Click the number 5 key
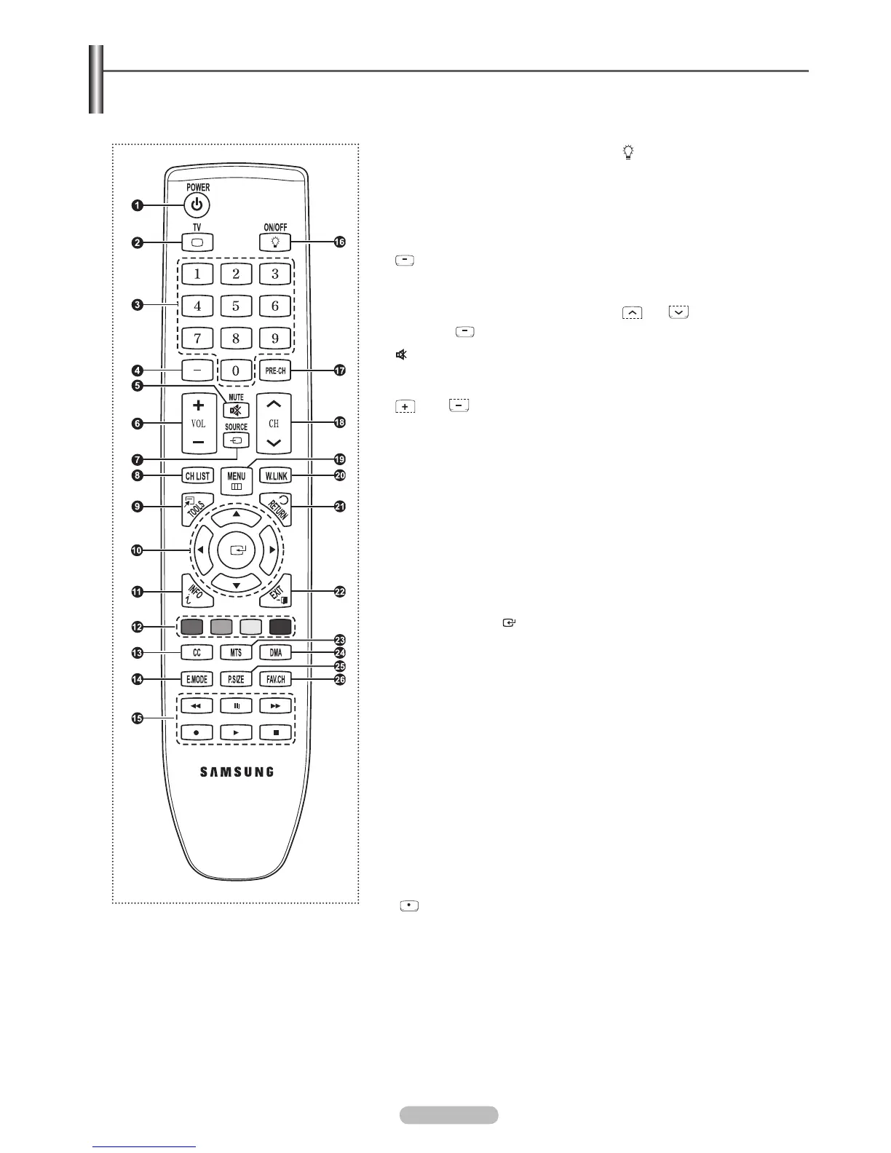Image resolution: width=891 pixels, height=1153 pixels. (236, 306)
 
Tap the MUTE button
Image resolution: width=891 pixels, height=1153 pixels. (237, 410)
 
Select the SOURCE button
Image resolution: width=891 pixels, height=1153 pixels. (237, 440)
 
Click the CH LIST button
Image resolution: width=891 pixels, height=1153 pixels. (197, 476)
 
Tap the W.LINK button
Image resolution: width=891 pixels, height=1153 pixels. (276, 476)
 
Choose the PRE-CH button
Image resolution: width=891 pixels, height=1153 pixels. (276, 371)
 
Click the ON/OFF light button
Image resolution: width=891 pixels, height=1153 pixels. (276, 242)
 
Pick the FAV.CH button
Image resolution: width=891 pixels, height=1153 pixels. (276, 680)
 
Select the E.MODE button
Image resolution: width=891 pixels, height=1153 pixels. (197, 680)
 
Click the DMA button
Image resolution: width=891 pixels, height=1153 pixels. (276, 653)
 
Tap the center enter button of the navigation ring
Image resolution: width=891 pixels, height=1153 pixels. (237, 551)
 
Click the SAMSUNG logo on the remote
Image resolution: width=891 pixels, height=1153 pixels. (237, 772)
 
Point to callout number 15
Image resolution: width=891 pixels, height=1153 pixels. (138, 718)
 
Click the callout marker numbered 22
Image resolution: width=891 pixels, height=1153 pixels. (339, 592)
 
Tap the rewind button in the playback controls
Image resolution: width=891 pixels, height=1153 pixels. (197, 706)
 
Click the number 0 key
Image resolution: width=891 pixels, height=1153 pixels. (236, 371)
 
